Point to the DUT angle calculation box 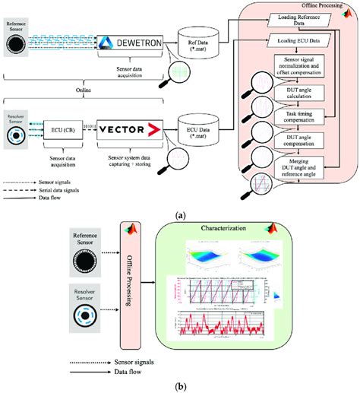[x=302, y=93]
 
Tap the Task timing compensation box [x=302, y=116]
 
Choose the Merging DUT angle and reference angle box [x=302, y=165]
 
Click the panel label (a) [x=180, y=215]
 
